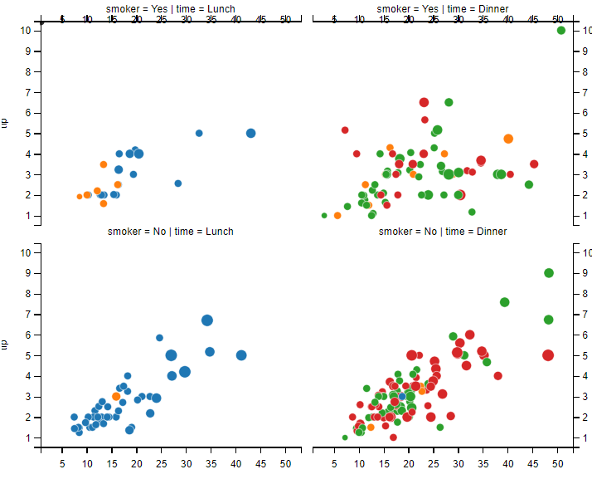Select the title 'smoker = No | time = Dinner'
(x=443, y=232)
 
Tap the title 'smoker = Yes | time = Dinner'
(x=443, y=9)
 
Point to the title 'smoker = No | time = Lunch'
(x=171, y=232)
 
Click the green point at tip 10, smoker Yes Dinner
(x=561, y=31)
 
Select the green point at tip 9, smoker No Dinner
(x=549, y=273)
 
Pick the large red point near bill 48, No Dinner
(x=548, y=355)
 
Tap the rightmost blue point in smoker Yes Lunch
(x=251, y=133)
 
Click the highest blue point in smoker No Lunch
(x=207, y=320)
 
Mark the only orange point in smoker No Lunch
(x=116, y=397)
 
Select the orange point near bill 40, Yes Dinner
(x=508, y=139)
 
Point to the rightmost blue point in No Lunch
(x=241, y=355)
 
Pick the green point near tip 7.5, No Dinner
(x=504, y=302)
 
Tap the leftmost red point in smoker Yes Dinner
(x=345, y=130)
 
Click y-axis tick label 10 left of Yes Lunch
(x=26, y=30)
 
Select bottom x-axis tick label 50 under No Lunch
(x=285, y=462)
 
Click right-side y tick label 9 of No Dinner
(x=586, y=273)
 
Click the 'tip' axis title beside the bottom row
(x=5, y=343)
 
